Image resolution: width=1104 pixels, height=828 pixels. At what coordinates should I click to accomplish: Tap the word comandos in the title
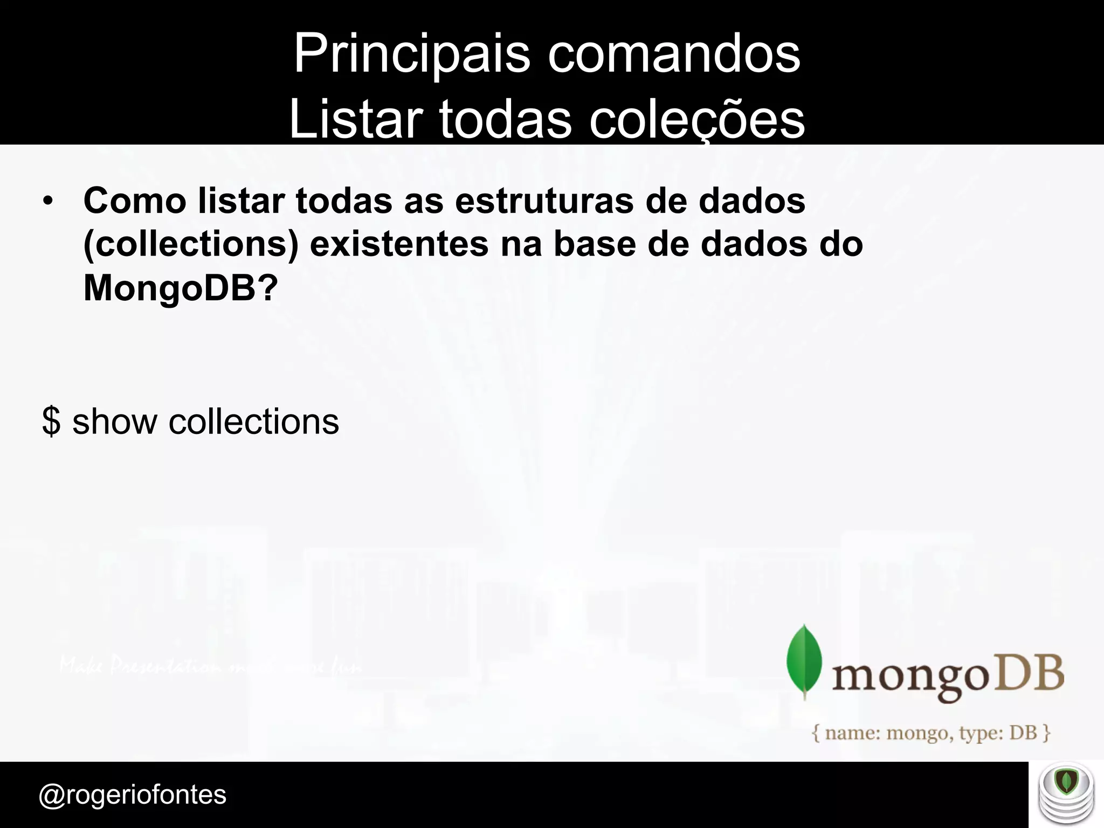tap(674, 54)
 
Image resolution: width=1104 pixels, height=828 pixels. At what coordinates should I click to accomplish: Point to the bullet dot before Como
tap(49, 202)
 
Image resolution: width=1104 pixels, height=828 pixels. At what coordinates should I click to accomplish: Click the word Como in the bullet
tap(135, 201)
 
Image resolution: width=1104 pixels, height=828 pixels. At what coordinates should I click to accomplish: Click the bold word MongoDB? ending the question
tap(181, 288)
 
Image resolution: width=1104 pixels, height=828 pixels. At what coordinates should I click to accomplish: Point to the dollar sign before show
tap(51, 422)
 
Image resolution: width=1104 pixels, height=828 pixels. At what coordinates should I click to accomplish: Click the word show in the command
tap(114, 422)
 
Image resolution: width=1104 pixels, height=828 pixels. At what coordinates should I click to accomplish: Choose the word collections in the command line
tap(253, 422)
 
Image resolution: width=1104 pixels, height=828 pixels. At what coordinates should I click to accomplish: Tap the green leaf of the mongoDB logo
tap(804, 660)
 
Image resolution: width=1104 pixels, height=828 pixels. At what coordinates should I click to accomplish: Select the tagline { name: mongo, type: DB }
tap(931, 733)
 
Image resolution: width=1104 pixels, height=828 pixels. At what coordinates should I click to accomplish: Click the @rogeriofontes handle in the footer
tap(133, 795)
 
